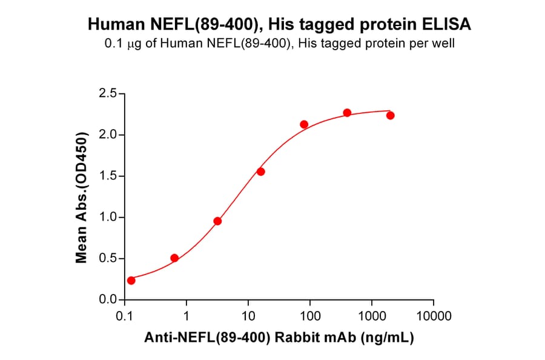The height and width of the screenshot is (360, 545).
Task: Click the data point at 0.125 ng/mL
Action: point(131,280)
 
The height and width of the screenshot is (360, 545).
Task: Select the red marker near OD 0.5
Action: point(174,258)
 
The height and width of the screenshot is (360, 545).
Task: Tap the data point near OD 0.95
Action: point(217,221)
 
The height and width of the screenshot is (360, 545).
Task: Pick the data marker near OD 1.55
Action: point(261,172)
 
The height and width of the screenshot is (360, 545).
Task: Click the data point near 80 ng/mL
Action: point(304,124)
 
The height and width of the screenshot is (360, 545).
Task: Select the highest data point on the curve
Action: point(347,113)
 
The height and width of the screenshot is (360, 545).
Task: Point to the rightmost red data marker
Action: point(391,116)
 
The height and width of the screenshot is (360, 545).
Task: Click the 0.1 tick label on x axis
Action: point(125,316)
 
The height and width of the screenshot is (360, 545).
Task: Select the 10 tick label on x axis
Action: point(248,316)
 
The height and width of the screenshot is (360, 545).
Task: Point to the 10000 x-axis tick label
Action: point(434,316)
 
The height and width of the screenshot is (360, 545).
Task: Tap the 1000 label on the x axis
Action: point(372,316)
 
